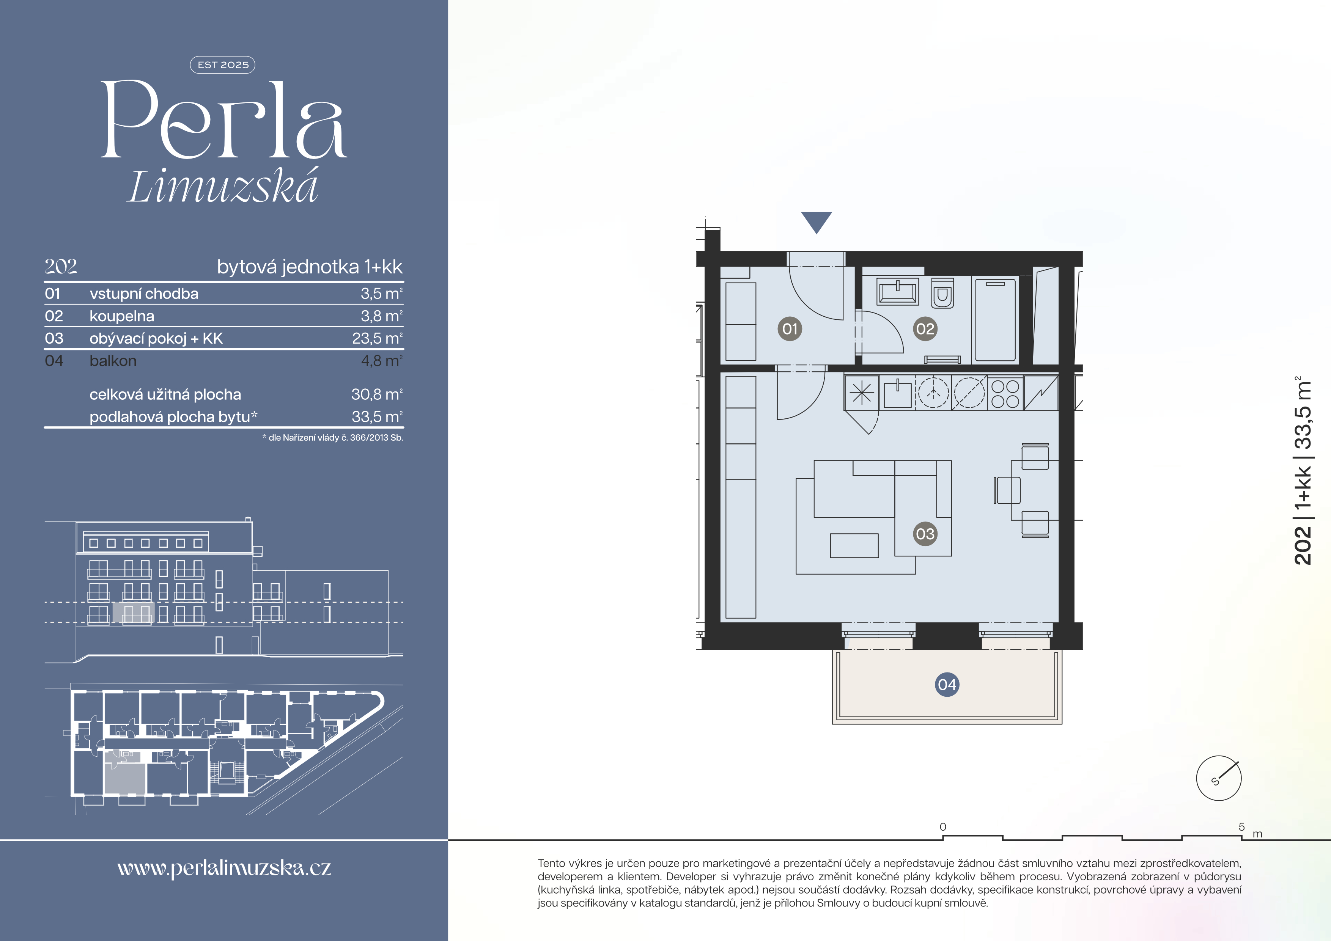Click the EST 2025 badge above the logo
(223, 65)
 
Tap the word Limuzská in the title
(223, 187)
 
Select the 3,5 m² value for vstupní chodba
(381, 294)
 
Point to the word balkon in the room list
(113, 361)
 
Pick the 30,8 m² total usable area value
(377, 394)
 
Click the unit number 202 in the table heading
(61, 267)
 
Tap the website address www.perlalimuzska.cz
(224, 868)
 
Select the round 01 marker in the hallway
(790, 329)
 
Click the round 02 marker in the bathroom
(925, 329)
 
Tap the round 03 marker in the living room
(925, 534)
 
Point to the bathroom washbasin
(897, 291)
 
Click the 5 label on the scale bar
(1241, 827)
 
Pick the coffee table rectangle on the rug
(854, 545)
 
